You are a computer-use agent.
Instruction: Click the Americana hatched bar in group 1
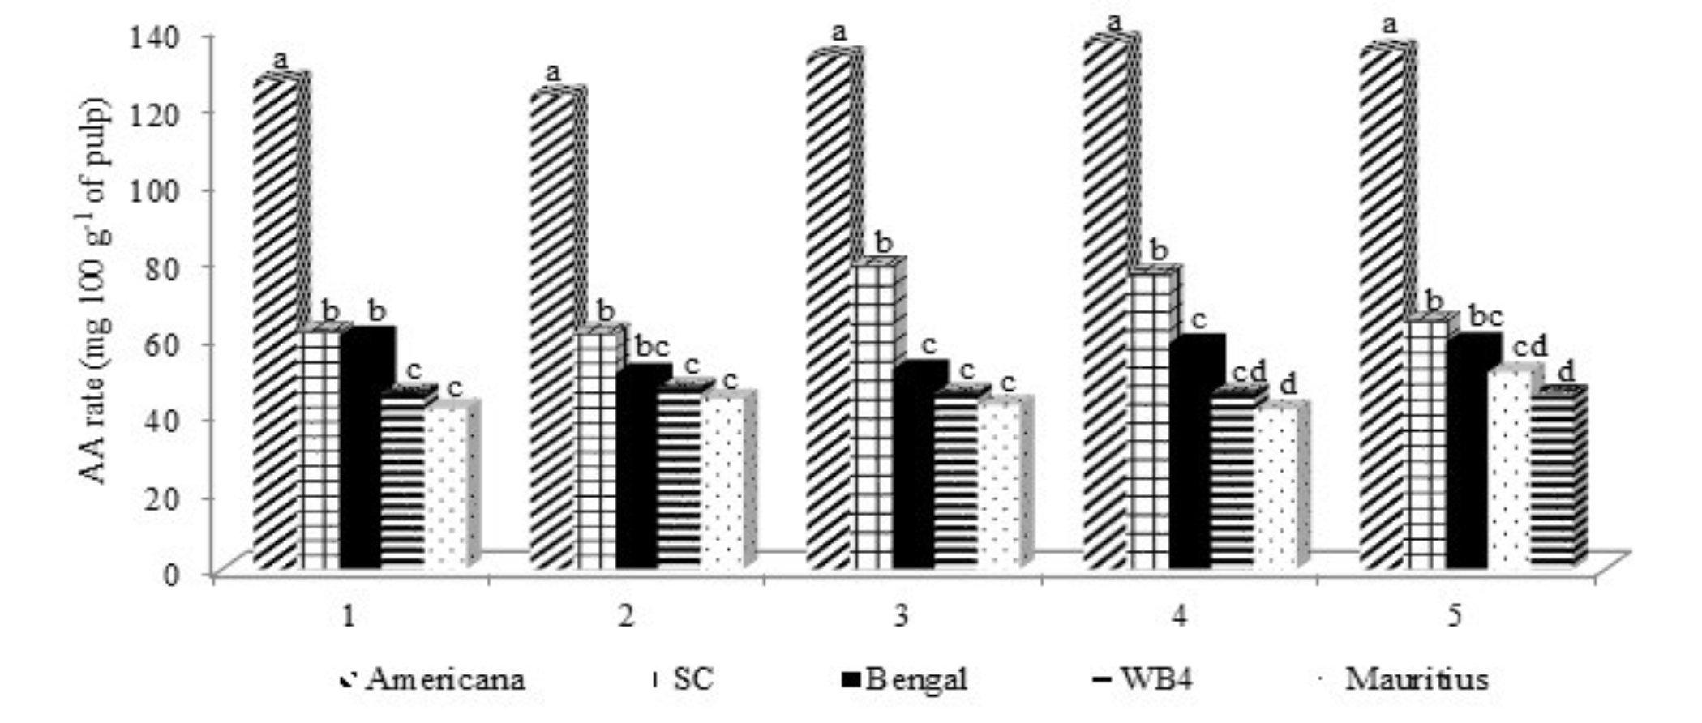276,324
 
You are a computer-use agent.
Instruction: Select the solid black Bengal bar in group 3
915,470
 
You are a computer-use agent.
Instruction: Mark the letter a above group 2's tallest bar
554,72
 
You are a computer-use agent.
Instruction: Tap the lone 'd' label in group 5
1567,372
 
